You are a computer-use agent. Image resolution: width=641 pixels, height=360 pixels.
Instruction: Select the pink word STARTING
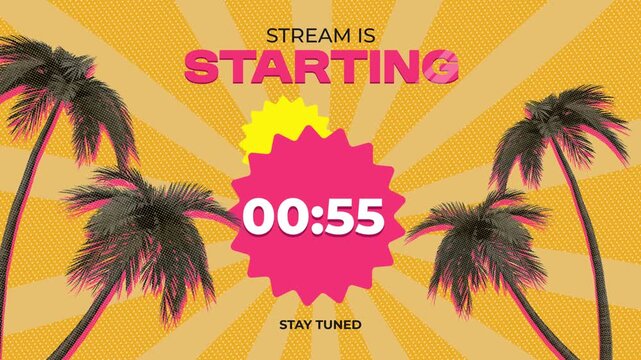click(322, 67)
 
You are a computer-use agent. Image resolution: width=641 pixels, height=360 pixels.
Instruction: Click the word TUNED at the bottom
click(341, 324)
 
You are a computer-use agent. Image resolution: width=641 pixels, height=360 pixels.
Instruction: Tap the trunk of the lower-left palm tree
click(95, 320)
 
